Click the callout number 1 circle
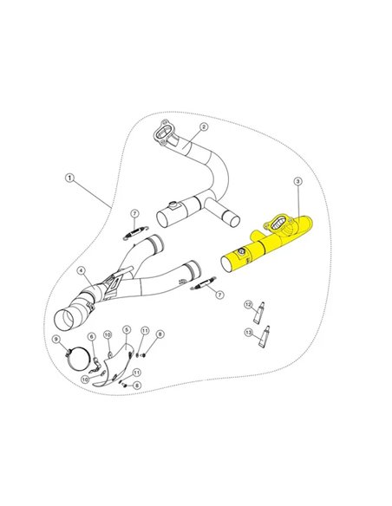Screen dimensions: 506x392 tap(69, 179)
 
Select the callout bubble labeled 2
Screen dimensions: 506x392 tap(203, 126)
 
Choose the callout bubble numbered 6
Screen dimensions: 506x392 tap(91, 335)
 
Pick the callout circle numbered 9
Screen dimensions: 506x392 tap(56, 339)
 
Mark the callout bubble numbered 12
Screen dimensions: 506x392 tap(248, 304)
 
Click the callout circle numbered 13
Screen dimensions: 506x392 tap(248, 331)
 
